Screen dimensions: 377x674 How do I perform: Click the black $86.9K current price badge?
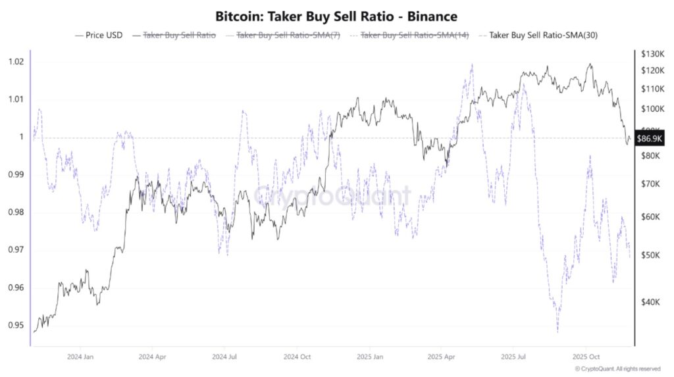[x=650, y=138]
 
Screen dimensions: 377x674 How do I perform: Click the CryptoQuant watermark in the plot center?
[x=332, y=195]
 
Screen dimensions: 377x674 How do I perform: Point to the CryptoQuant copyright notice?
[x=617, y=369]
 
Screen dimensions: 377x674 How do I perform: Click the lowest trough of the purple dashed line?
[x=557, y=331]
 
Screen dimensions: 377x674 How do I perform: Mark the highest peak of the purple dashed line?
[x=471, y=65]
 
